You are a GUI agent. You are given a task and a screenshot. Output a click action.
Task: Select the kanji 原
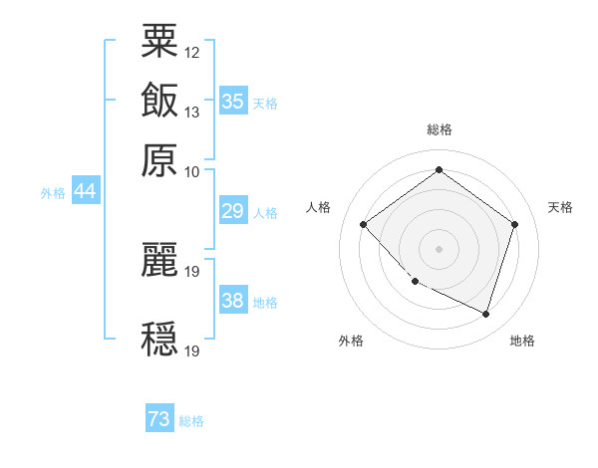[x=159, y=158]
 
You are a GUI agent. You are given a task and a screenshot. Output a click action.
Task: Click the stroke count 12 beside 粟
[x=192, y=52]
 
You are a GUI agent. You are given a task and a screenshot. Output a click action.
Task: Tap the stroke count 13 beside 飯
[x=192, y=112]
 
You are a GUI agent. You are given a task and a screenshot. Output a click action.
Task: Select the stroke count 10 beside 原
[x=192, y=171]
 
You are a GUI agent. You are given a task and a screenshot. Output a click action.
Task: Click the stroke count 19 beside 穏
[x=192, y=351]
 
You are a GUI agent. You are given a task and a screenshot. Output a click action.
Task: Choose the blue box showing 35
[x=232, y=102]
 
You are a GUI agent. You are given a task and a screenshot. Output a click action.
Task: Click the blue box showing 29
[x=232, y=211]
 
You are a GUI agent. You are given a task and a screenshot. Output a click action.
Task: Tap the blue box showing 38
[x=232, y=301]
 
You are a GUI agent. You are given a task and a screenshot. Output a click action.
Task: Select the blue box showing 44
[x=85, y=191]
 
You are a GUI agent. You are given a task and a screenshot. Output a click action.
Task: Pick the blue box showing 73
[x=158, y=420]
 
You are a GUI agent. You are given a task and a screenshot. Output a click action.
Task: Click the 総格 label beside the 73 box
[x=191, y=421]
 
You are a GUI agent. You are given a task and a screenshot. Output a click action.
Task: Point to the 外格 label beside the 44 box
[x=52, y=193]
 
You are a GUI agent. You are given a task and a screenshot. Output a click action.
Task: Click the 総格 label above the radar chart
[x=440, y=129]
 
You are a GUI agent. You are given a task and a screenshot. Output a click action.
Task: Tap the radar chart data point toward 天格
[x=514, y=224]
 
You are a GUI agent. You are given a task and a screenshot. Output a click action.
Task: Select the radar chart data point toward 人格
[x=364, y=224]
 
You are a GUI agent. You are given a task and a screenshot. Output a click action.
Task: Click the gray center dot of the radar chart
[x=439, y=248]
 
